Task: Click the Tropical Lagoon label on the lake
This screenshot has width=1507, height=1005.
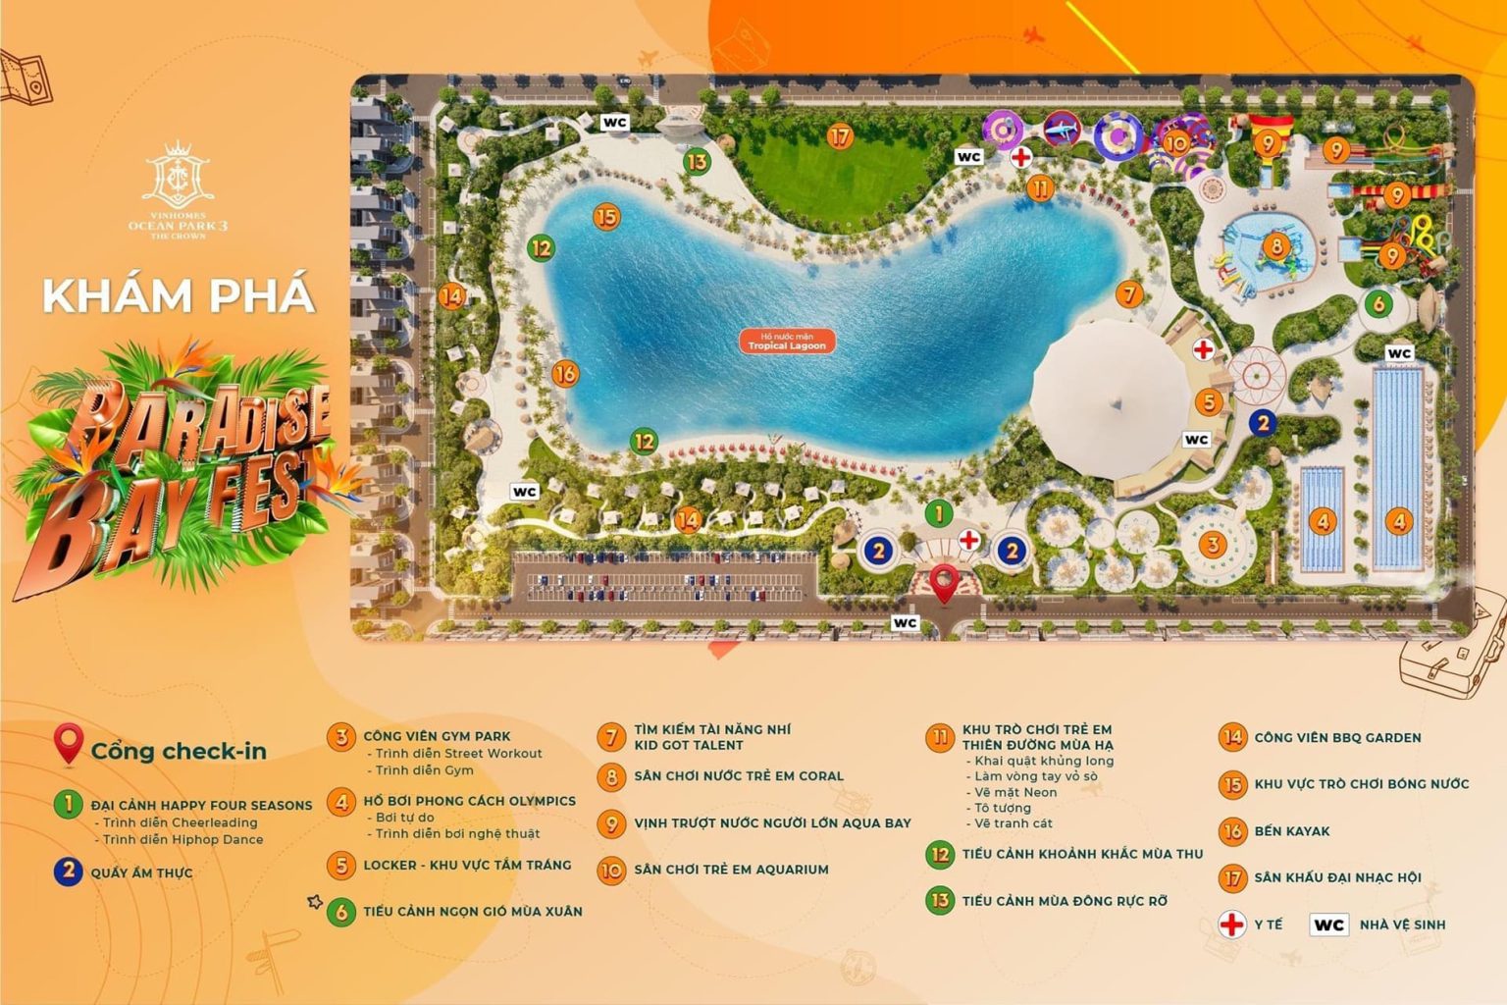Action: (786, 342)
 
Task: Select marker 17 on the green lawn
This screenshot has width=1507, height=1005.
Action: (840, 137)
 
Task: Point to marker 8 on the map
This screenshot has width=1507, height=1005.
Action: (1276, 245)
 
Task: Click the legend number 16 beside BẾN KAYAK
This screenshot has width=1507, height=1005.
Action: (1232, 831)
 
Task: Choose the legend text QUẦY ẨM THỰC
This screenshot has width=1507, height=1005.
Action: (141, 873)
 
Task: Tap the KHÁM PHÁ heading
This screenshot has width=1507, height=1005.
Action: (179, 295)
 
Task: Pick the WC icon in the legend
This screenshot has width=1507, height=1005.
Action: (1328, 925)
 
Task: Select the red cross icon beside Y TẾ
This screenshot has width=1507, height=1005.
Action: (1231, 925)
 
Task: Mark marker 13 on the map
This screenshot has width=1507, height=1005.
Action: (697, 162)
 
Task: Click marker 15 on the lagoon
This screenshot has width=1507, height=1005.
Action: (607, 217)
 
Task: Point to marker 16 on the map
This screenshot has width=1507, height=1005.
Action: (565, 373)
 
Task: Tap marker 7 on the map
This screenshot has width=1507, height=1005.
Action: (1130, 293)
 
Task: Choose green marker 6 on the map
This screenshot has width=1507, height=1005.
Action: (1378, 303)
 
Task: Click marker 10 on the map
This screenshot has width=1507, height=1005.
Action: (1175, 143)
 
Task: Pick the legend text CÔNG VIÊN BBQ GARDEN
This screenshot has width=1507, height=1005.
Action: (1337, 737)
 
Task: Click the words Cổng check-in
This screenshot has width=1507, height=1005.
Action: (179, 751)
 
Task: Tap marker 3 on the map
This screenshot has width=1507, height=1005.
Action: (1214, 544)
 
